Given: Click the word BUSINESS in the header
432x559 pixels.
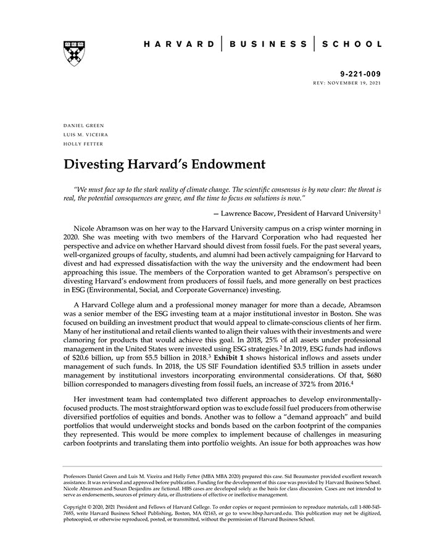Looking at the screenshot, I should [x=268, y=44].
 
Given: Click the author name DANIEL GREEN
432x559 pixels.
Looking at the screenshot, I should [x=84, y=125].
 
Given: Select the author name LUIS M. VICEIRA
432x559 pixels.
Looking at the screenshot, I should [x=86, y=135].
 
